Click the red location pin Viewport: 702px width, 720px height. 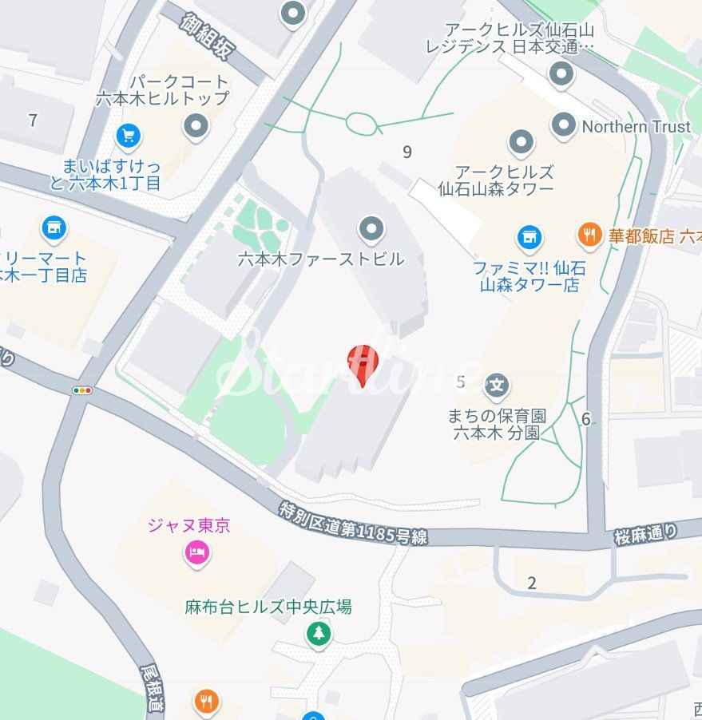pyautogui.click(x=363, y=364)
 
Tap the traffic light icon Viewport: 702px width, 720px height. pyautogui.click(x=82, y=390)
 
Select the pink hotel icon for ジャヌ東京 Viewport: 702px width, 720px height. pyautogui.click(x=196, y=552)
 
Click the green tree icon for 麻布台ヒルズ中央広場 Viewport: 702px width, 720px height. pyautogui.click(x=319, y=634)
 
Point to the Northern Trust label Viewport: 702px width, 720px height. pyautogui.click(x=636, y=126)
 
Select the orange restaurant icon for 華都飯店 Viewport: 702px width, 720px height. pyautogui.click(x=589, y=235)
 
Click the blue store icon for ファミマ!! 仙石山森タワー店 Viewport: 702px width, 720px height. pyautogui.click(x=529, y=236)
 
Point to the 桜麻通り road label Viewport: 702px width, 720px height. pyautogui.click(x=646, y=533)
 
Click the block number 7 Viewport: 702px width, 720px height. pyautogui.click(x=33, y=121)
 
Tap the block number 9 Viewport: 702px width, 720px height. pyautogui.click(x=407, y=152)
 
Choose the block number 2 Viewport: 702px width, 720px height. pyautogui.click(x=532, y=583)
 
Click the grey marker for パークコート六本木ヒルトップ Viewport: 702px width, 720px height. pyautogui.click(x=196, y=125)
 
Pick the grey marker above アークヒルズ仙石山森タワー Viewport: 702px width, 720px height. pyautogui.click(x=521, y=143)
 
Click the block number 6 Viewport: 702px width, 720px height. pyautogui.click(x=586, y=419)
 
